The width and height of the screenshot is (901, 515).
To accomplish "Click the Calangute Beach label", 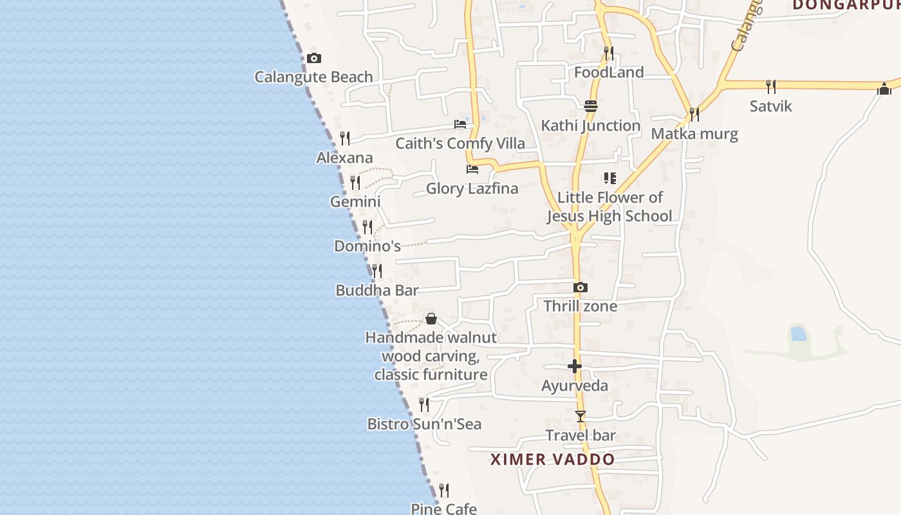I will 313,77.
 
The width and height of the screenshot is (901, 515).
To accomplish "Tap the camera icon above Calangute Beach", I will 313,59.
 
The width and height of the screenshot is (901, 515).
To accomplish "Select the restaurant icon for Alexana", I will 345,138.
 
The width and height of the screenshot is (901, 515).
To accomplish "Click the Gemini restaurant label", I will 355,201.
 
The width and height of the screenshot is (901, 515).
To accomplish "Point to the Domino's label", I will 367,246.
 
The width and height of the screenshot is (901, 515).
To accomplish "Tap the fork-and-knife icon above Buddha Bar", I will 377,270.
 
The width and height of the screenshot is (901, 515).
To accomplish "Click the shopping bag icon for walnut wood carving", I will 431,319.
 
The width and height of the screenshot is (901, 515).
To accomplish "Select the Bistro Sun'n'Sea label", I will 424,424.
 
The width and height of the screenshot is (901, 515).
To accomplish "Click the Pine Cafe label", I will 444,509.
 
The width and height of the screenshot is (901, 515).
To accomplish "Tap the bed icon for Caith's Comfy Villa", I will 460,124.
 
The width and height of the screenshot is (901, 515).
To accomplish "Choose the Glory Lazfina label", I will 472,189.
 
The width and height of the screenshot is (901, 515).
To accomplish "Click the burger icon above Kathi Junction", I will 591,106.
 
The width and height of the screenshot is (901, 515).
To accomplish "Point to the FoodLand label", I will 608,72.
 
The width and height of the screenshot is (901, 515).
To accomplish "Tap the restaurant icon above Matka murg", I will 694,114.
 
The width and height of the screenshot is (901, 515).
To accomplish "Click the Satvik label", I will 770,106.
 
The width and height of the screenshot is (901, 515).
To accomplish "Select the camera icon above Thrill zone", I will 580,287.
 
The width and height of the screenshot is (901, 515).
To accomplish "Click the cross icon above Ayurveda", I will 575,366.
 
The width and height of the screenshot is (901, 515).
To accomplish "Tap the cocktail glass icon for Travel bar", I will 581,417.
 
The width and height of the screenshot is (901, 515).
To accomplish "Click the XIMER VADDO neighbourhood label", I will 552,460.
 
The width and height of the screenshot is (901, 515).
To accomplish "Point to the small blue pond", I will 799,333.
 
